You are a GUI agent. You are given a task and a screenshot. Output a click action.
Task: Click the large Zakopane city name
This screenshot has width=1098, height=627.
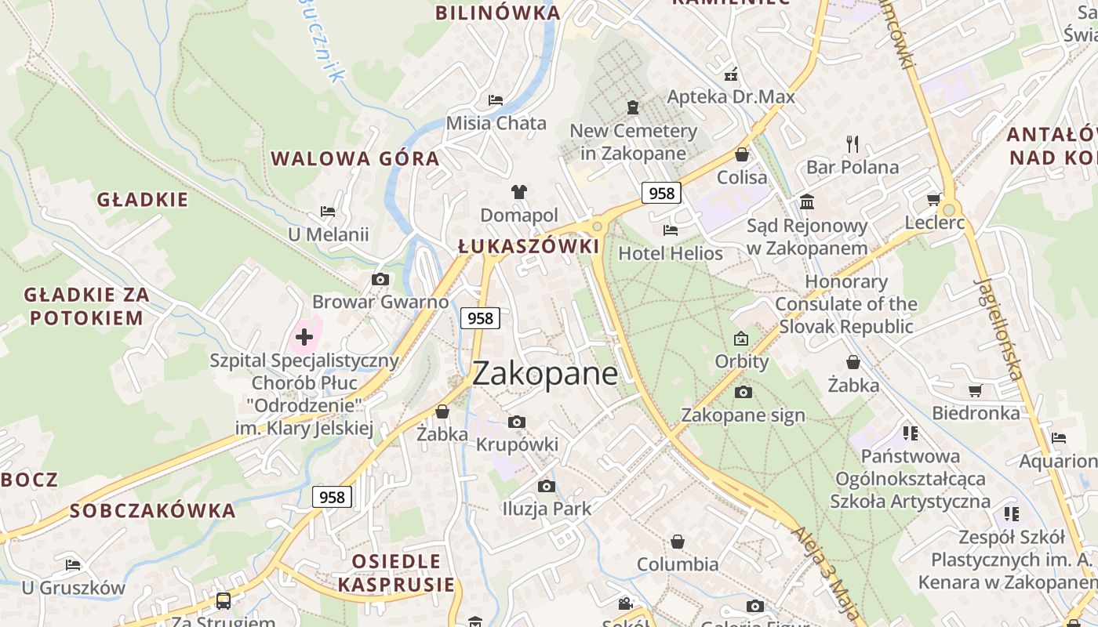[545, 373]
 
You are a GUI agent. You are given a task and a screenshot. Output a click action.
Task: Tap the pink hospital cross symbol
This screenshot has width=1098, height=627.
[304, 337]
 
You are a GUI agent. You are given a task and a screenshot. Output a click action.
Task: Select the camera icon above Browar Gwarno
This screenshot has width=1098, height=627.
[380, 280]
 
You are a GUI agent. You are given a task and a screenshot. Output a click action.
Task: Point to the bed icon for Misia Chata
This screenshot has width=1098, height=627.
[496, 100]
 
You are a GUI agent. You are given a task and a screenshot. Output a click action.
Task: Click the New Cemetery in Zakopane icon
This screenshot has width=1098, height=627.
[633, 107]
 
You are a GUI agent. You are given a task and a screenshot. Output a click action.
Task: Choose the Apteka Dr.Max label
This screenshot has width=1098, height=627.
[731, 97]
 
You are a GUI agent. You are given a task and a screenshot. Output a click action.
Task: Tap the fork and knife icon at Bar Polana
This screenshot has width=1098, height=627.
[853, 144]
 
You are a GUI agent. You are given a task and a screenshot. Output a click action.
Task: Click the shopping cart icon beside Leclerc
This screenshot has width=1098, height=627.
[933, 199]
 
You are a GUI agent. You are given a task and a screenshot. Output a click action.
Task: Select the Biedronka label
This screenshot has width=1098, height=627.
[976, 412]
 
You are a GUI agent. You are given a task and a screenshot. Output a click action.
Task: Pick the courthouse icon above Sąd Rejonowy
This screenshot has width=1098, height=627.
[807, 203]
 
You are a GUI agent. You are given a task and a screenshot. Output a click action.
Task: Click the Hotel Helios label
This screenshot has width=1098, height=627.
[671, 253]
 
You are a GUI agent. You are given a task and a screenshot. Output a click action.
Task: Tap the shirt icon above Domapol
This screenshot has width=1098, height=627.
[518, 191]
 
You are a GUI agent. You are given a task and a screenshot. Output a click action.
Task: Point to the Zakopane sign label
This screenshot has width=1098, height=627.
[743, 415]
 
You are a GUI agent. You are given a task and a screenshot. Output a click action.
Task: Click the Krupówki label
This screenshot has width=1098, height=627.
[517, 444]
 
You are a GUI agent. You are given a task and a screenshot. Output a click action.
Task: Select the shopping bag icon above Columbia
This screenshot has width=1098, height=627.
[678, 542]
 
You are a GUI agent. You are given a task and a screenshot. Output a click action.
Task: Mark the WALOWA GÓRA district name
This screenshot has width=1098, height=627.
[355, 158]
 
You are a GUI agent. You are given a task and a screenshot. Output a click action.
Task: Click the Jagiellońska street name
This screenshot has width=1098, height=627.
[998, 329]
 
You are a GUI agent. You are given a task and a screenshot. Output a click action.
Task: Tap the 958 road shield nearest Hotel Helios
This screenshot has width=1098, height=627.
[661, 193]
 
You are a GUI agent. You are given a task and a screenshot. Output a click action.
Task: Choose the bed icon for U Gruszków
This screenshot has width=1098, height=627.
[73, 564]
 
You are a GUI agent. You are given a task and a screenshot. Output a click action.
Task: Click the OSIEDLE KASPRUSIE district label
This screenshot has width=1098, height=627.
[396, 573]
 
